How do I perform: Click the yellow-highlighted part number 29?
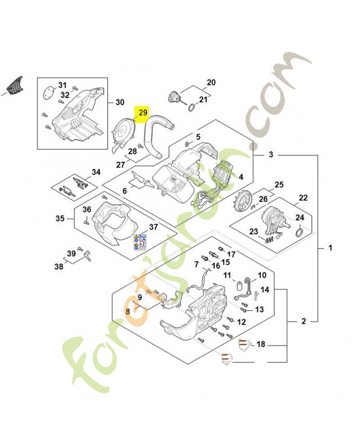[143, 113]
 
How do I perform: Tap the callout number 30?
[120, 102]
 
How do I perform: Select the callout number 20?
[211, 82]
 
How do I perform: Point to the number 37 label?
[153, 227]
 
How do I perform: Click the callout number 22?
[303, 198]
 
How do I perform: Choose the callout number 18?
[261, 344]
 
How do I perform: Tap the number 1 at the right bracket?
[330, 248]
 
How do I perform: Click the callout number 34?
[96, 172]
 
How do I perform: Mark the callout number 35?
[60, 218]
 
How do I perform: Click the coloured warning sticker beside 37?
[140, 242]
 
